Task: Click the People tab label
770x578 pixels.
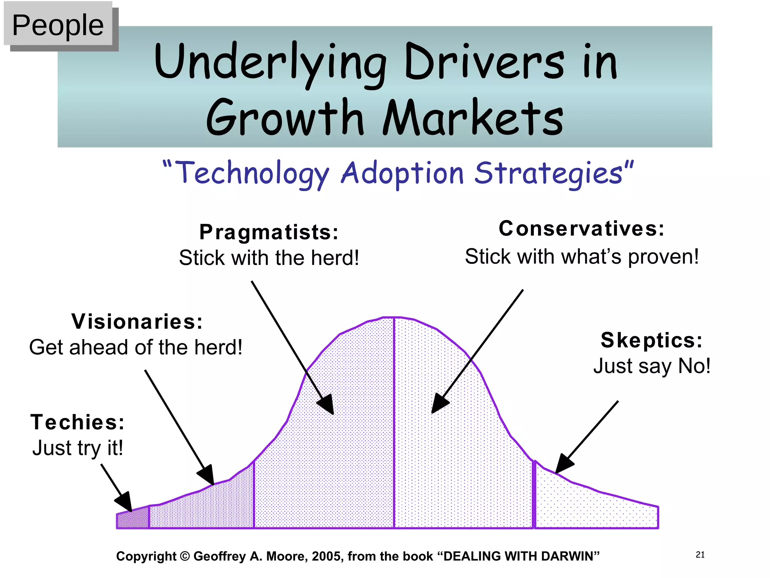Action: pos(58,25)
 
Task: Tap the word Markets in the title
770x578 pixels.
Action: pos(473,118)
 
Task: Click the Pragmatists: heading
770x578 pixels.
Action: pos(269,232)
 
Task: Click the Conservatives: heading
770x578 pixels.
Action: pos(582,228)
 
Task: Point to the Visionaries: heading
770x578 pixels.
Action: pos(137,321)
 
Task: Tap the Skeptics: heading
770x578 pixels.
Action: pos(652,340)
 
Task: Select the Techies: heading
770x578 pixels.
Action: pos(77,422)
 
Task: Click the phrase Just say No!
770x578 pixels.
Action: pos(652,366)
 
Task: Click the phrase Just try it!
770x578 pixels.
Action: pos(77,448)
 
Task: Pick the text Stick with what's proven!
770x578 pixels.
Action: pos(582,257)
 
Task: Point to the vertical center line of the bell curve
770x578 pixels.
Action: pos(394,421)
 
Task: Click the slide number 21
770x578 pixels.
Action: pos(700,555)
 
